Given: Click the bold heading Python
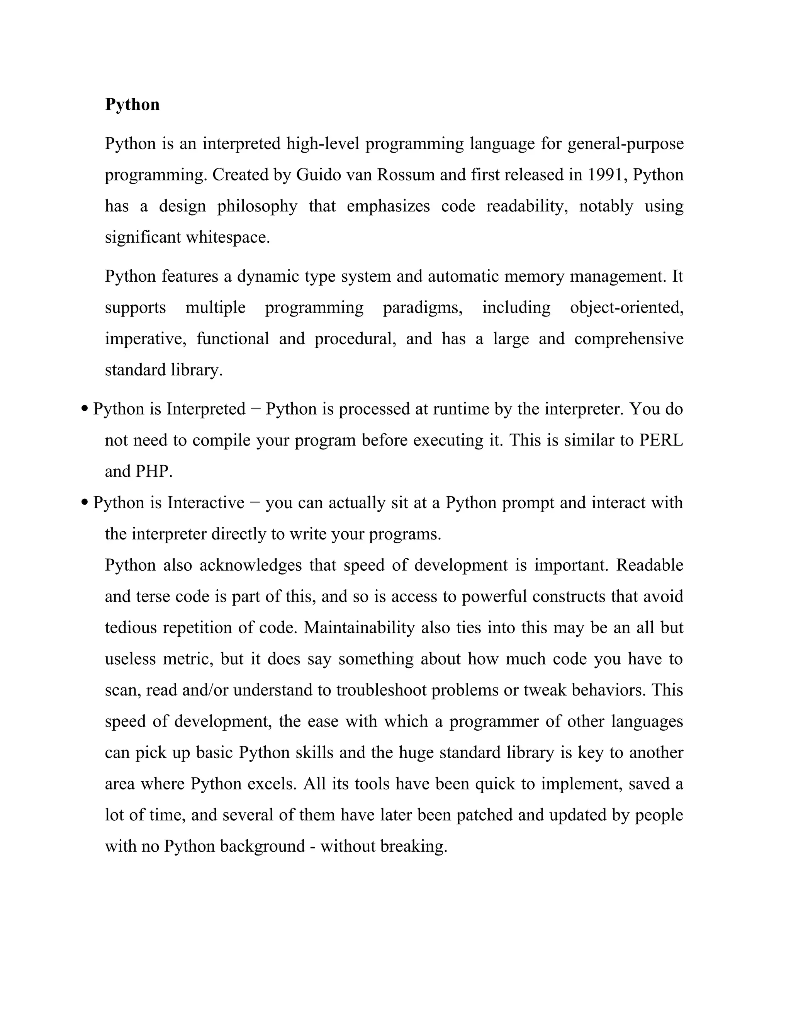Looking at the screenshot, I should point(132,104).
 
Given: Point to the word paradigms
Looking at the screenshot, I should point(423,308).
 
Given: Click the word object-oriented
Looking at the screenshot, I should point(626,308).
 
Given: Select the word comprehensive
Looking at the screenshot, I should point(629,338).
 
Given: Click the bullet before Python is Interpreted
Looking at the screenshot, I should point(85,409).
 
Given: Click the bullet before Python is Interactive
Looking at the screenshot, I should point(85,503).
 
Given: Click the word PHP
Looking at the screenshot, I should point(154,471).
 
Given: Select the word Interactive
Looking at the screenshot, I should point(206,503).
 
